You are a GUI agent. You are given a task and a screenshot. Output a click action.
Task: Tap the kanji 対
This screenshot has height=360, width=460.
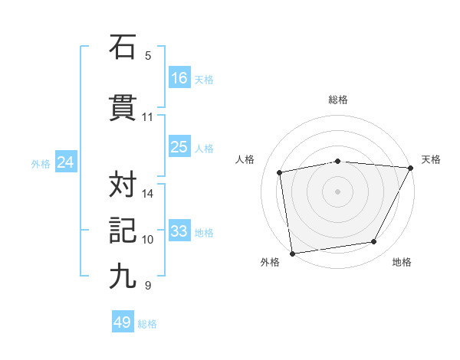[123, 184]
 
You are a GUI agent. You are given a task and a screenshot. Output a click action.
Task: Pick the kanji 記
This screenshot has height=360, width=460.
[123, 231]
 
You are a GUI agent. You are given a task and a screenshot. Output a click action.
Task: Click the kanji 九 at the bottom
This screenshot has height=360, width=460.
[123, 277]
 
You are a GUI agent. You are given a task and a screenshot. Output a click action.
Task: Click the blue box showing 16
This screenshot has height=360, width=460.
[179, 77]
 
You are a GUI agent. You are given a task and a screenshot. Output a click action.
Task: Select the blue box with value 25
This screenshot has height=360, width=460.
[179, 147]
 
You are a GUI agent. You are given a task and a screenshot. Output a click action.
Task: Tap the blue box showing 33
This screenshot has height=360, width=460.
[179, 231]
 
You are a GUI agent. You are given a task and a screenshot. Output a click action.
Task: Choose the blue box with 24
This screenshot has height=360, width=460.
[66, 162]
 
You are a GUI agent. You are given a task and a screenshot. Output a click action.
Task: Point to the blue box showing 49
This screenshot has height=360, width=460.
[123, 322]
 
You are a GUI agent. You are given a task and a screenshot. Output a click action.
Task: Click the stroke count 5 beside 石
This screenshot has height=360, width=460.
[148, 56]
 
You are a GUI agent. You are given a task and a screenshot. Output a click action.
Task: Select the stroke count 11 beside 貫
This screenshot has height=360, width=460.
[148, 117]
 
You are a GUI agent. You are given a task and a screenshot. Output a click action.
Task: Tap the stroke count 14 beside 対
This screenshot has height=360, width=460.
[148, 193]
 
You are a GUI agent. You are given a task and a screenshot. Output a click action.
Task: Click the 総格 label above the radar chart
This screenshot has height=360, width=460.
[338, 100]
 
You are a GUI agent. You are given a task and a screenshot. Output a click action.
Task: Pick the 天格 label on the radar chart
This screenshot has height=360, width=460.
[431, 159]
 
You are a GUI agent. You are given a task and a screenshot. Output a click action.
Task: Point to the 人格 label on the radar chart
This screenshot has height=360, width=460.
[245, 159]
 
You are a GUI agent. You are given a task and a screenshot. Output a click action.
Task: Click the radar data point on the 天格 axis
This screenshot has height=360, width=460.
[412, 168]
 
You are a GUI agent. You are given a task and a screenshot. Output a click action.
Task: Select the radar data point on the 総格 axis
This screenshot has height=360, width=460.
[338, 161]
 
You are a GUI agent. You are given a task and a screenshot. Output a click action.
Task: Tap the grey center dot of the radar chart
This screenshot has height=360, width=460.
[338, 191]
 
